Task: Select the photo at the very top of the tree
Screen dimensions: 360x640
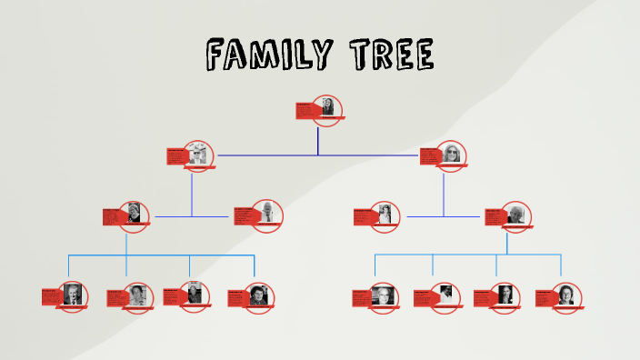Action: click(x=327, y=108)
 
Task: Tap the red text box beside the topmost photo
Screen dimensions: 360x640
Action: click(x=305, y=111)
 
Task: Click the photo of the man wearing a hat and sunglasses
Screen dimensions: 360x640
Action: click(x=198, y=155)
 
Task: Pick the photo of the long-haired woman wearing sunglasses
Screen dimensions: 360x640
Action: click(x=452, y=155)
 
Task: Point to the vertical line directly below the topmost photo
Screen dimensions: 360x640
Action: click(x=317, y=140)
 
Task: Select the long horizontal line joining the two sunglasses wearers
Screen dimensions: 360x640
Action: click(x=317, y=155)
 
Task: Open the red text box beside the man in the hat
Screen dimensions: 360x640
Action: click(x=177, y=156)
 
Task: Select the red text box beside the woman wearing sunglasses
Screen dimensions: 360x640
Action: click(x=430, y=156)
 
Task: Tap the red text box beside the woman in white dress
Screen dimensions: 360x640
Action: click(x=365, y=216)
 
